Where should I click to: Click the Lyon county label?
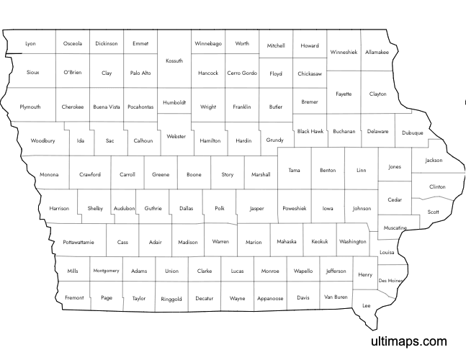(30, 44)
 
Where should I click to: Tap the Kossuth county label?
(174, 61)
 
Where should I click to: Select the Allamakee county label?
(377, 53)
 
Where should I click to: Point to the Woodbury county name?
(42, 140)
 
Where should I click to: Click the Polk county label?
(220, 208)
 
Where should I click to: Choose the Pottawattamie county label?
(78, 243)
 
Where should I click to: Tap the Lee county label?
(366, 305)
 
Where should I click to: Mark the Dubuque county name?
(413, 133)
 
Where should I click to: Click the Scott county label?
(433, 212)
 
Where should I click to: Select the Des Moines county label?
(390, 280)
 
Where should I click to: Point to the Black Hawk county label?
(310, 132)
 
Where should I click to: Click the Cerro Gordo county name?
(242, 73)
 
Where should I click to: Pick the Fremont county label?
(74, 297)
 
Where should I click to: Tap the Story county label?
(228, 174)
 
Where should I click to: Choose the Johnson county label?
(362, 208)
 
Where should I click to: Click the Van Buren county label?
(336, 297)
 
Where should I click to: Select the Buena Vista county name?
(107, 107)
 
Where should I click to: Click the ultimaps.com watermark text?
(408, 342)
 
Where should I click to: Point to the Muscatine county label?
(395, 228)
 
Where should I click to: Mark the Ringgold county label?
(171, 299)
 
